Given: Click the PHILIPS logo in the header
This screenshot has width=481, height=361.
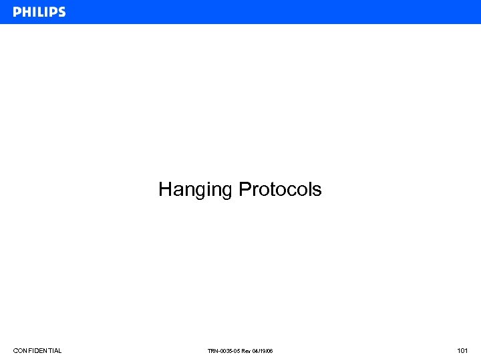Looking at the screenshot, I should click(x=39, y=12).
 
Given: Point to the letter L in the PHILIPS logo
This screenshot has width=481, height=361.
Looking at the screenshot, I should click(x=38, y=12).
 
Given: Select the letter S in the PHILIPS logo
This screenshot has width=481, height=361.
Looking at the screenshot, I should click(x=61, y=12).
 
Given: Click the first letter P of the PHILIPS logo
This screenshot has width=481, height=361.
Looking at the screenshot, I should click(x=17, y=12).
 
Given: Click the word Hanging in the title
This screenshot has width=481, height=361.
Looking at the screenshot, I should click(x=196, y=190).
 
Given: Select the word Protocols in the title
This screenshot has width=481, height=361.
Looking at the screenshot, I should click(x=280, y=190).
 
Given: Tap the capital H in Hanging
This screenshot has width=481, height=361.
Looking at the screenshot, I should click(x=165, y=189).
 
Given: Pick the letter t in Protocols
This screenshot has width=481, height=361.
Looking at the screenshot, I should click(x=271, y=190).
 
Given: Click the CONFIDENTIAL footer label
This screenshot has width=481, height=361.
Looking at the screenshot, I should click(x=37, y=351).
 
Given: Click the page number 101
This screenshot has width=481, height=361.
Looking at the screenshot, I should click(x=462, y=351).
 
